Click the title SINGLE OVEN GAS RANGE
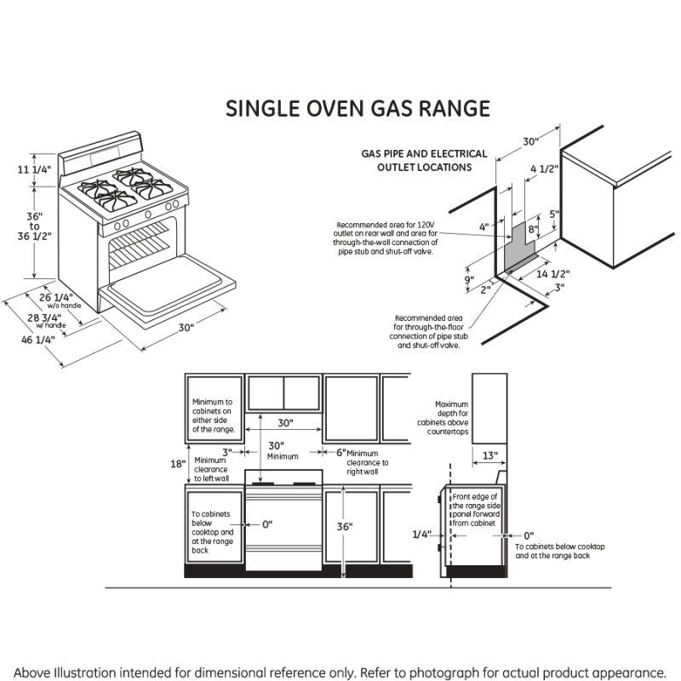358,109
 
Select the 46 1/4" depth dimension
38,339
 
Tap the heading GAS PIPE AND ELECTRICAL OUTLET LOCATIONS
424,161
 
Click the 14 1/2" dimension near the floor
552,274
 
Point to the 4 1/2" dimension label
544,169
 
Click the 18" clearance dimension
176,464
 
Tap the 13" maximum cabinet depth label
489,455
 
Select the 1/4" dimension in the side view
421,535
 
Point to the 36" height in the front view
344,527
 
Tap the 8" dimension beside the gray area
533,229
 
